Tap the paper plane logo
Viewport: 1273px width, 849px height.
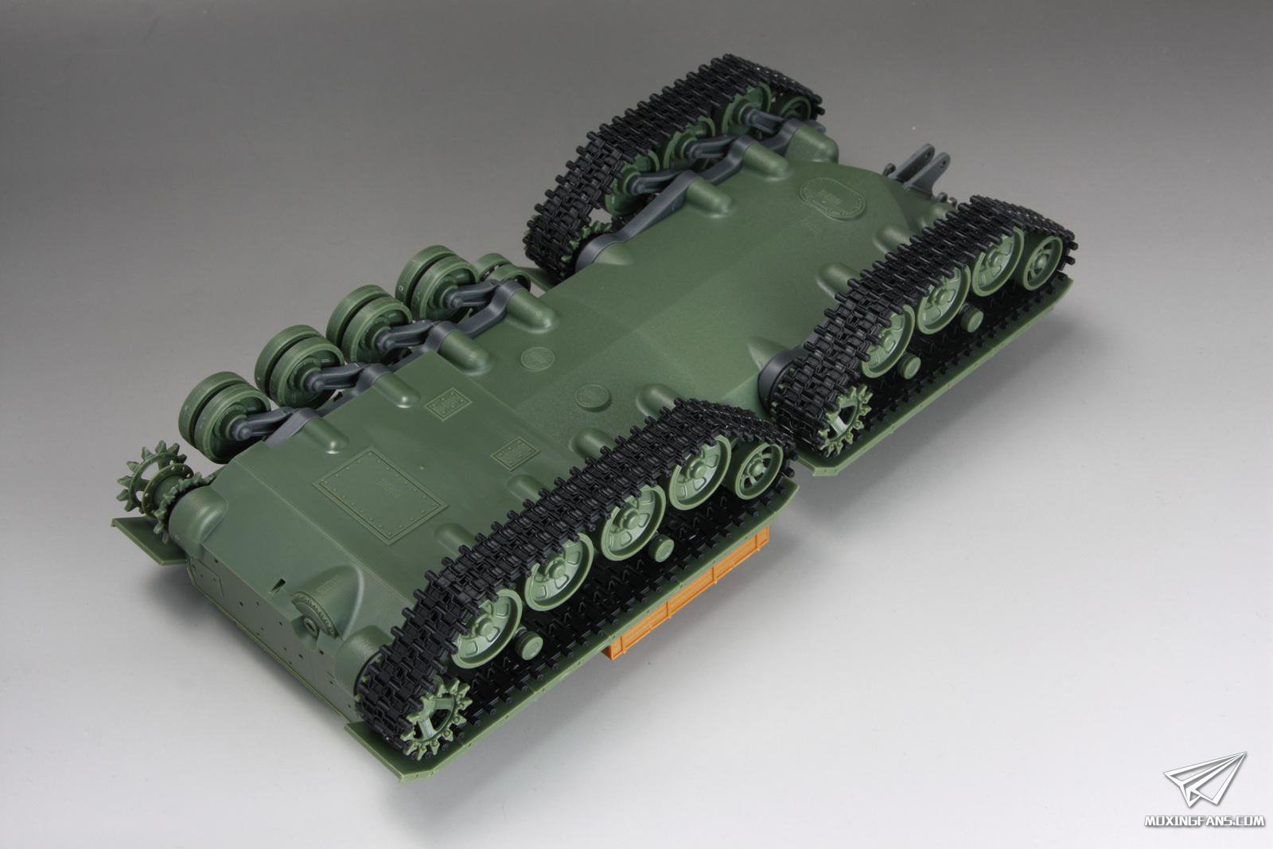[x=1205, y=778]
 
